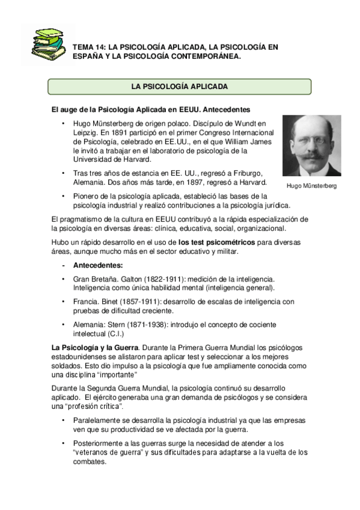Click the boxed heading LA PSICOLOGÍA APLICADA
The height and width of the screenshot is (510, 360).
pyautogui.click(x=179, y=87)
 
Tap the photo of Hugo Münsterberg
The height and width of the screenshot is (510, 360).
pyautogui.click(x=311, y=146)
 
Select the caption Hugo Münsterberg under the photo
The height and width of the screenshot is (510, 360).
pyautogui.click(x=311, y=186)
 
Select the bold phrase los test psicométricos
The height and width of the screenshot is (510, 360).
pyautogui.click(x=204, y=242)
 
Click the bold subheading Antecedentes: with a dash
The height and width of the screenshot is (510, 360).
pyautogui.click(x=98, y=265)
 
